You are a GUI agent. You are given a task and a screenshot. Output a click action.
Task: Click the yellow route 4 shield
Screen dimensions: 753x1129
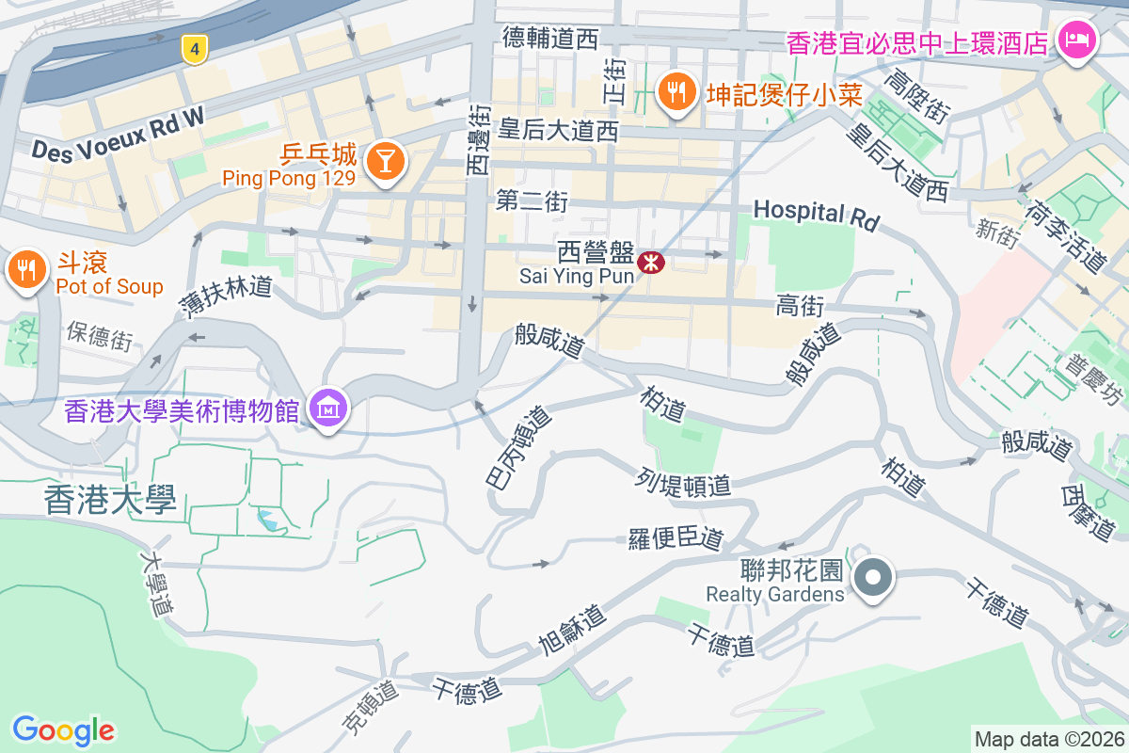(x=194, y=50)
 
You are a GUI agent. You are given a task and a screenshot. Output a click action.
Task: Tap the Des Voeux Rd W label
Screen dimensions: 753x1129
(x=118, y=131)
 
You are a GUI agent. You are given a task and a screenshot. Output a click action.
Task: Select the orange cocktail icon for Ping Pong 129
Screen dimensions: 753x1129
(x=385, y=160)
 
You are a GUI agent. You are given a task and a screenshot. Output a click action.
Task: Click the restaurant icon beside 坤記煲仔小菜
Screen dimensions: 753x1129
(x=676, y=91)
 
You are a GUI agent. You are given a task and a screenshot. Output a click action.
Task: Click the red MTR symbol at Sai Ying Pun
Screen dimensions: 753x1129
(x=649, y=263)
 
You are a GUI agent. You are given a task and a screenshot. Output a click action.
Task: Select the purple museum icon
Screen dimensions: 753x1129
(x=328, y=409)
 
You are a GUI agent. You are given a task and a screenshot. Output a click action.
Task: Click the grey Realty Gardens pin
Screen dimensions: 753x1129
(x=873, y=576)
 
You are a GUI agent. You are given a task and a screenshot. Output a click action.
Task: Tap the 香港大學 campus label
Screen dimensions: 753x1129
(x=110, y=501)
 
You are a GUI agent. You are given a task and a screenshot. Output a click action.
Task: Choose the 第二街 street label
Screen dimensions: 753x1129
(x=533, y=201)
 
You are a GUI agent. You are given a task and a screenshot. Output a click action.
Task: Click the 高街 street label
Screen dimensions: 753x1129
(x=801, y=305)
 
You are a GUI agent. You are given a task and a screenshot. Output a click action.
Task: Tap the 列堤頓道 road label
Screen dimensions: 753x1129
(x=683, y=484)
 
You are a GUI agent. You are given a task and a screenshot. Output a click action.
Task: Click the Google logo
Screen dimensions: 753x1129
(x=64, y=729)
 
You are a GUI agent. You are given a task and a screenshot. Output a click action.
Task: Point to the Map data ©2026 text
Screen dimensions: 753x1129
(x=1049, y=739)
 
